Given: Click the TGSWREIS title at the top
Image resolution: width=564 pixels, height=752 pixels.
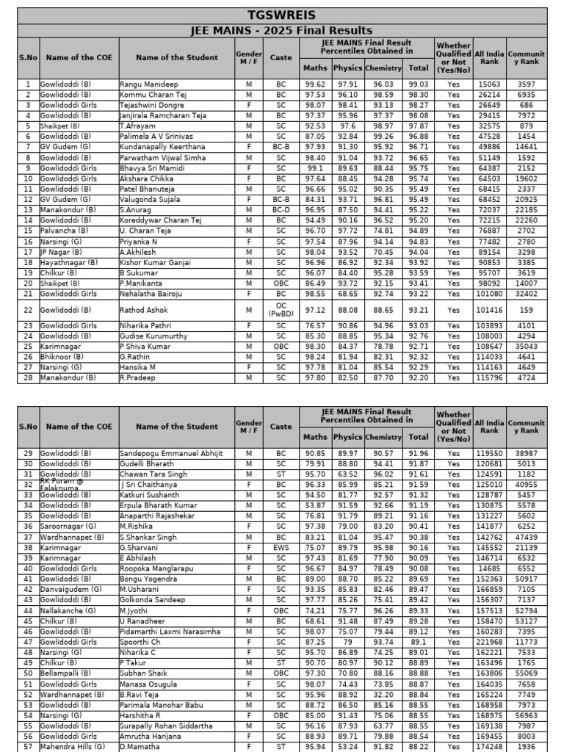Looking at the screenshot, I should click(282, 15).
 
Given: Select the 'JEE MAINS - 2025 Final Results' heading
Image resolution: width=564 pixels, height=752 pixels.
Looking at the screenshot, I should click(282, 30).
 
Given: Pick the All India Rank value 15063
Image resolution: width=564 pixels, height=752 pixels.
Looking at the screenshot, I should click(489, 84).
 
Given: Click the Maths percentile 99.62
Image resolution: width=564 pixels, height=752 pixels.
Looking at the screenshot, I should click(315, 84).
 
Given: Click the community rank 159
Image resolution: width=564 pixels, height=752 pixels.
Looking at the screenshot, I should click(526, 310).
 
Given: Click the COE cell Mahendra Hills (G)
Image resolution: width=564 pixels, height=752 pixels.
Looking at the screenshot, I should click(71, 745).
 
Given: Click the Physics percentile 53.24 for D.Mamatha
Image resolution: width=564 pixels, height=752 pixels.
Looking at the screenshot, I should click(348, 745).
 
